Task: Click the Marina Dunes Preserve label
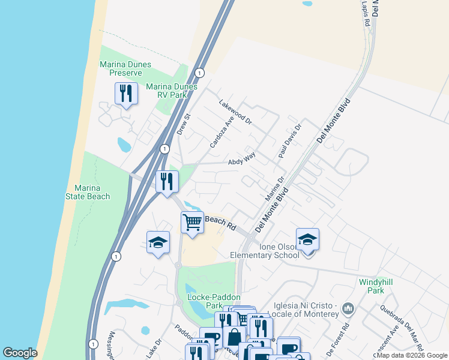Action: coord(125,68)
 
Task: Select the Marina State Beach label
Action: coord(88,192)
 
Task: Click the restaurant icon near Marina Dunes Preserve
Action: coord(126,93)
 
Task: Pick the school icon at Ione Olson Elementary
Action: coord(307,239)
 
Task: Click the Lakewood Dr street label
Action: coord(235,111)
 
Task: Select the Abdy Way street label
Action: coord(242,158)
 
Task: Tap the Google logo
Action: coord(20,353)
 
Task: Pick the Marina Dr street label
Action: coord(274,189)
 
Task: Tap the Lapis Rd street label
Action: coord(365,12)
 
